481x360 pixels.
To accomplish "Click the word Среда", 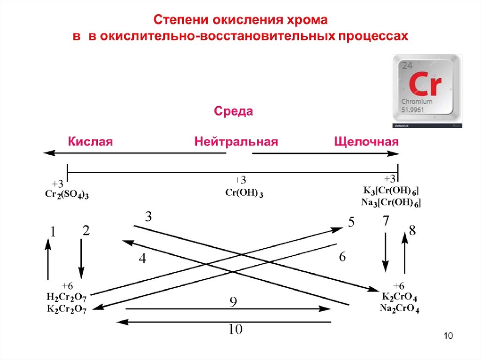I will pos(233,112).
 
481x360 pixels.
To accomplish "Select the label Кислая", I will pos(91,142).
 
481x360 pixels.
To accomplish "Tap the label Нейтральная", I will pos(236,142).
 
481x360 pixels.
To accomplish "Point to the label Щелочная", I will pos(366,142).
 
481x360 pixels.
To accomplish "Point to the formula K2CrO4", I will pos(399,298).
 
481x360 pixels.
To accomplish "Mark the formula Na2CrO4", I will pos(399,308).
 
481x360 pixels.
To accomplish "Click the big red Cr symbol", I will pos(424,84).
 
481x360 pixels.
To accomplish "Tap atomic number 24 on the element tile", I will pos(406,66).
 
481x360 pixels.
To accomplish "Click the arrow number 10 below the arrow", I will pos(235,329).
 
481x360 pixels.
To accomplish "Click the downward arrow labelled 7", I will pos(386,251).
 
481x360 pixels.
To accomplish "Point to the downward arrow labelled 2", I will pos(82,258).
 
